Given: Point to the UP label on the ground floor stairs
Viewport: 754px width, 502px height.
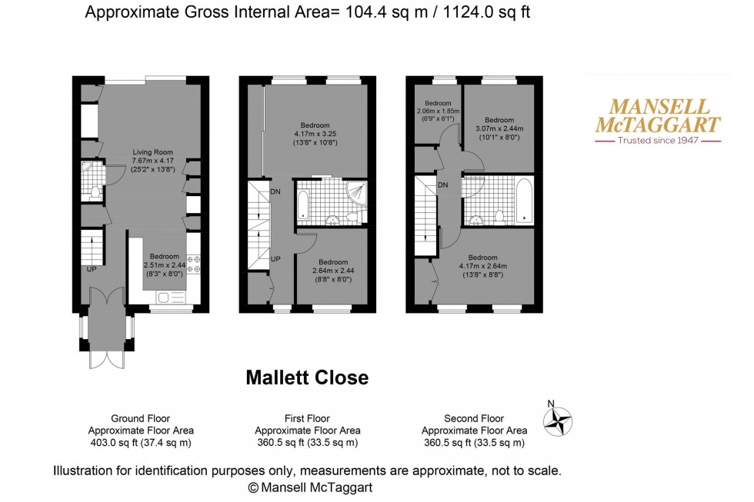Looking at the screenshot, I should [x=92, y=269].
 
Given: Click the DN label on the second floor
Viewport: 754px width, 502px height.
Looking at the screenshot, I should [x=443, y=185].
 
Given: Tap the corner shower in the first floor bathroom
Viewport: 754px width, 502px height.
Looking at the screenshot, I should [x=355, y=193].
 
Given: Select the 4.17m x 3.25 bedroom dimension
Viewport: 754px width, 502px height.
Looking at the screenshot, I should [x=315, y=135].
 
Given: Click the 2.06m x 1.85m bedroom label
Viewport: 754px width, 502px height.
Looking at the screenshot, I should [x=437, y=111].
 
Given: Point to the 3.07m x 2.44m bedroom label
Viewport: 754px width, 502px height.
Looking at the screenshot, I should [x=499, y=128].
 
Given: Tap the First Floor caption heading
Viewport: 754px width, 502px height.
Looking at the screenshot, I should [x=307, y=419].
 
